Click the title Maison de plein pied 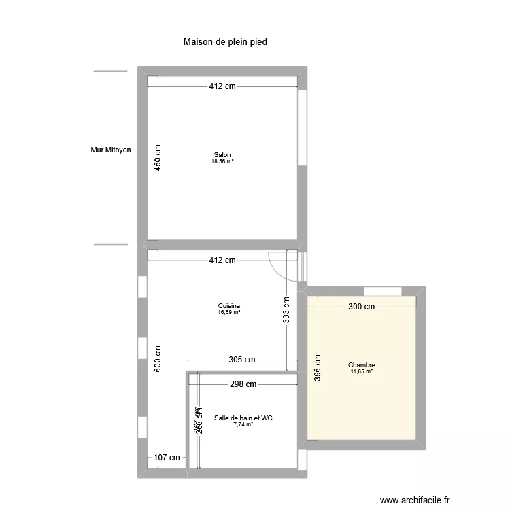[x=225, y=42]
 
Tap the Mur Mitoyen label [x=111, y=150]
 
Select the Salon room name [x=222, y=155]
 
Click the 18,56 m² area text [x=222, y=162]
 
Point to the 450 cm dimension [x=157, y=159]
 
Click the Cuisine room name [x=228, y=306]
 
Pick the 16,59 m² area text [x=228, y=313]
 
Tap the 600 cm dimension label [x=157, y=359]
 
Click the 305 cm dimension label [x=241, y=360]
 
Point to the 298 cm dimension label [x=243, y=384]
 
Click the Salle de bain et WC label [x=243, y=418]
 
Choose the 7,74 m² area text [x=243, y=425]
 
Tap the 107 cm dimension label [x=167, y=458]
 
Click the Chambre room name [x=362, y=365]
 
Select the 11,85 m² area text [x=362, y=372]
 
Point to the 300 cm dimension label [x=362, y=307]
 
